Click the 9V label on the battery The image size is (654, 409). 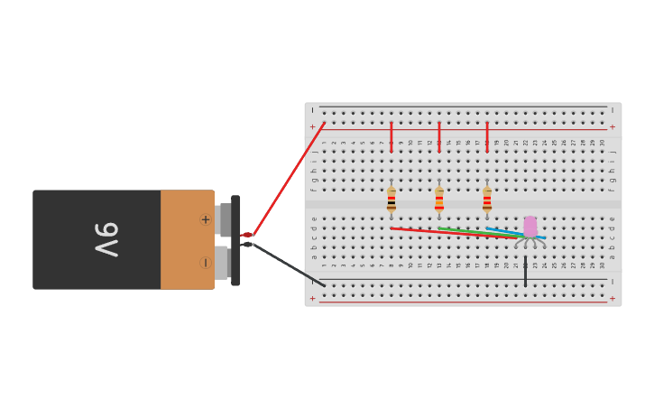106,239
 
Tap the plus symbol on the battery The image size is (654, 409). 205,219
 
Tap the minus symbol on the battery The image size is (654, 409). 205,263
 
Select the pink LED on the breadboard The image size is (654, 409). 530,227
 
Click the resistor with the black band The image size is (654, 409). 391,200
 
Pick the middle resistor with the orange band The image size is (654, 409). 439,200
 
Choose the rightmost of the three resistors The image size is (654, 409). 487,200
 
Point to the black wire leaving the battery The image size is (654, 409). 289,265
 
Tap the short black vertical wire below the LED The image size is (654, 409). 525,272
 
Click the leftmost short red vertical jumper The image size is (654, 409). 391,136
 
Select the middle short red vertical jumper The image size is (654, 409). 439,136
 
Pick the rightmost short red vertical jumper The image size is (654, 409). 487,136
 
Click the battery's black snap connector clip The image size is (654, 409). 235,240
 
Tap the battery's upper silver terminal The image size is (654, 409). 223,219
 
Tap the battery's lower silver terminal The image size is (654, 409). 221,263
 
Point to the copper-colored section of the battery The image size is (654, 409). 185,240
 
